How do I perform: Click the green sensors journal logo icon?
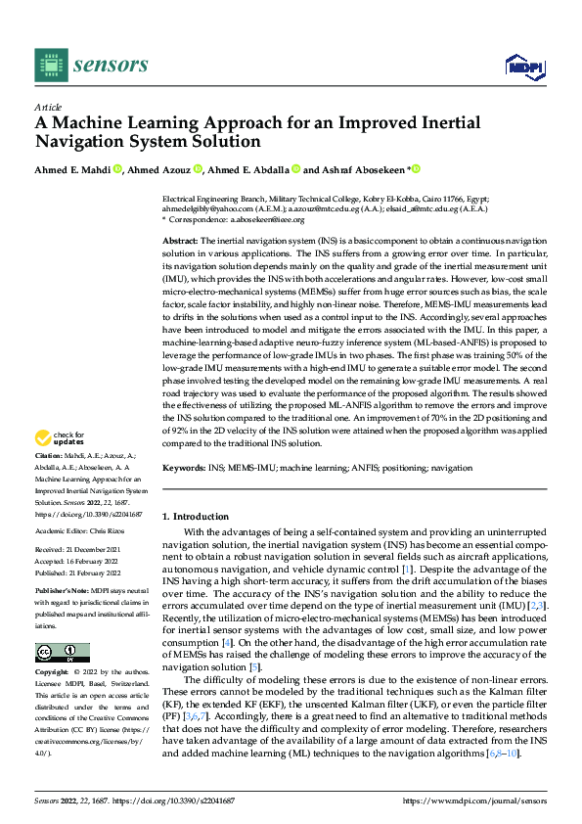[x=51, y=65]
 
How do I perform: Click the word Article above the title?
[x=47, y=108]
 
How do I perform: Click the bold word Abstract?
[x=180, y=240]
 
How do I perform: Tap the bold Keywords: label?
[x=184, y=469]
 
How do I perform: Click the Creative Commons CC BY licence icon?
[x=62, y=653]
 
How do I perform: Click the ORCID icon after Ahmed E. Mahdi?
[x=116, y=169]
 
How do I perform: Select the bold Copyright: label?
[x=53, y=673]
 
